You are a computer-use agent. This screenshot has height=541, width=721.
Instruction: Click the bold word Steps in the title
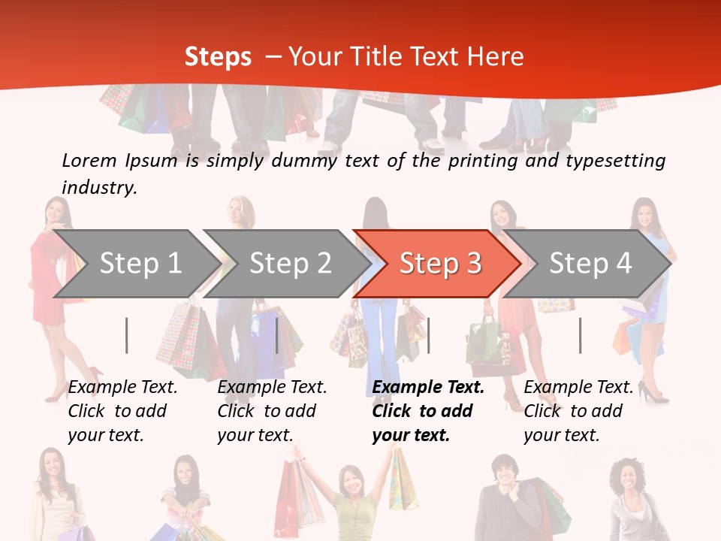coord(218,57)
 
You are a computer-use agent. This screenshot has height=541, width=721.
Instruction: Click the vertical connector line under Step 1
coord(126,335)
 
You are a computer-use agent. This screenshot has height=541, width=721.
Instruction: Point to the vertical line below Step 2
coord(277,335)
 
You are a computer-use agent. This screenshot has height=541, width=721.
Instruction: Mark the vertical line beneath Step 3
coord(428,335)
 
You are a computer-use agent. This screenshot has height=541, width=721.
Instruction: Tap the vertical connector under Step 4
coord(580,335)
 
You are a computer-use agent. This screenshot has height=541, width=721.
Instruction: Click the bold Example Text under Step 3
coord(427,411)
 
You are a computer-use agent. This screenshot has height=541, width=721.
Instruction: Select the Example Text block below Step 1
coord(122,411)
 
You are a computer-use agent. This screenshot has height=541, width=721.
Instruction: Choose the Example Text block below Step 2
coord(271,411)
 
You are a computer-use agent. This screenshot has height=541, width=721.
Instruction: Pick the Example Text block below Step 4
coord(578,411)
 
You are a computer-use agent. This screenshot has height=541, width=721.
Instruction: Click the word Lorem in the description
coord(89,161)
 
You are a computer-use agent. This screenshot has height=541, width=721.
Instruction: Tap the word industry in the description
coord(99,187)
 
